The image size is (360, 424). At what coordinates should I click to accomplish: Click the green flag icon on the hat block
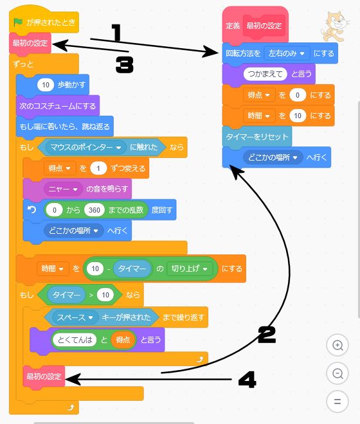[x=18, y=22]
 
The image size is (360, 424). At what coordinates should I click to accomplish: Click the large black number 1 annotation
[x=116, y=33]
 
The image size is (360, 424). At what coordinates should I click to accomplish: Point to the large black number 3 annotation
[x=125, y=65]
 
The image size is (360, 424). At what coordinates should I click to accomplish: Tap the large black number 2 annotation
[x=267, y=335]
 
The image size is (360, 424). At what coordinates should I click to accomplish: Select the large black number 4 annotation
[x=247, y=380]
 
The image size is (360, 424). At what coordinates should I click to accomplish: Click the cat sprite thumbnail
[x=334, y=26]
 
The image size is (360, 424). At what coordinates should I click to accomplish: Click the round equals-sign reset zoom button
[x=337, y=402]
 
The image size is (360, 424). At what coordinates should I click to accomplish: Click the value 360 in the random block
[x=94, y=210]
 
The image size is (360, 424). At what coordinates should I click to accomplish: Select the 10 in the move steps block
[x=46, y=85]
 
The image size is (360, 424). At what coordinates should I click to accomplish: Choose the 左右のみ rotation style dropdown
[x=287, y=53]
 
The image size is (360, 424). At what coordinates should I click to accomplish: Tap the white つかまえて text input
[x=265, y=74]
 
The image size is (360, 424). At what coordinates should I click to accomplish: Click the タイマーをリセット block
[x=257, y=137]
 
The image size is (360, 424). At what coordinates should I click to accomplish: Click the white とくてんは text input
[x=75, y=340]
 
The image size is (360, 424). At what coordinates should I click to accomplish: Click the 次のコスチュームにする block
[x=58, y=106]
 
